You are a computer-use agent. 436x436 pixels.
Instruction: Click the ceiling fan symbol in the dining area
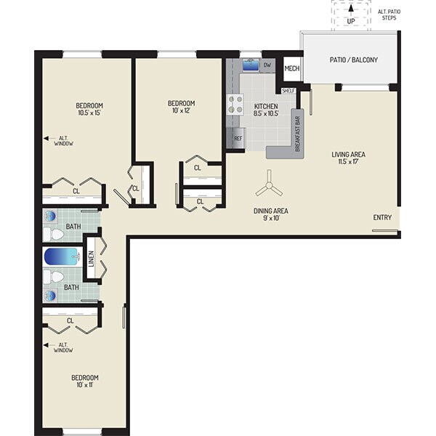269,187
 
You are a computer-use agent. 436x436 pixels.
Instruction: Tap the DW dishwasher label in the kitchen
267,65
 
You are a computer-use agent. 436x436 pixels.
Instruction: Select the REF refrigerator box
238,138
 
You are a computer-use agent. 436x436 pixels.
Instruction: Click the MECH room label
291,69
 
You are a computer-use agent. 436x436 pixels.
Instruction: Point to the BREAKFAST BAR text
299,133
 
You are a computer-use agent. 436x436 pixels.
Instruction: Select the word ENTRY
383,218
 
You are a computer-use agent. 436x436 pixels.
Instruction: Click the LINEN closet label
91,259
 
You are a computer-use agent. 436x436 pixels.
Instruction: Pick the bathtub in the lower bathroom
60,257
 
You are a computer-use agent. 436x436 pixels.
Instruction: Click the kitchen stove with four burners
235,104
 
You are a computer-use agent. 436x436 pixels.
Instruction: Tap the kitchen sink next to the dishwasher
250,65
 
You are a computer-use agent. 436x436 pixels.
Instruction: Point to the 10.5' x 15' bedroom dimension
86,113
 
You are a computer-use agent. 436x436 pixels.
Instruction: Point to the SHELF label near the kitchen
287,91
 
